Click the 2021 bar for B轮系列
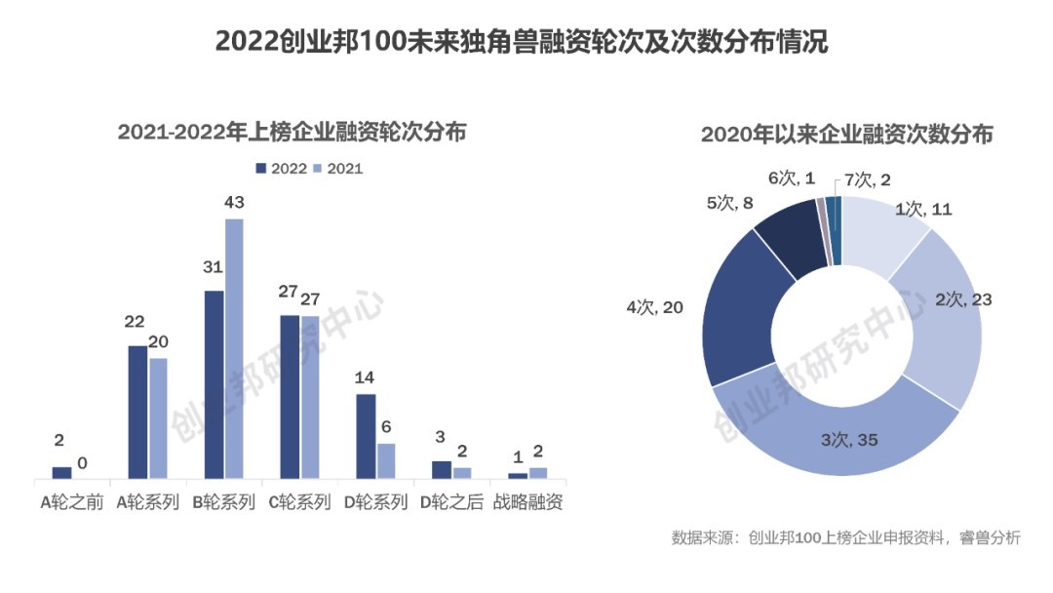tap(234, 348)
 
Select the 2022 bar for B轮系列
tap(214, 384)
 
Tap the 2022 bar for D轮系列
tap(366, 436)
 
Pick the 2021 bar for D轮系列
tap(386, 460)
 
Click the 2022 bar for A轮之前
tap(61, 473)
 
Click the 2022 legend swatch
tap(261, 169)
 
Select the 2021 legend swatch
tap(317, 169)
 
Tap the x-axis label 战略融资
tap(527, 503)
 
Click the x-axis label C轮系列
tap(300, 503)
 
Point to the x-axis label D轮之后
tap(451, 503)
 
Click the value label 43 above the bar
tap(234, 203)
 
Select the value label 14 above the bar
tap(366, 377)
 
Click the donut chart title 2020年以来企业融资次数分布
tap(846, 135)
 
